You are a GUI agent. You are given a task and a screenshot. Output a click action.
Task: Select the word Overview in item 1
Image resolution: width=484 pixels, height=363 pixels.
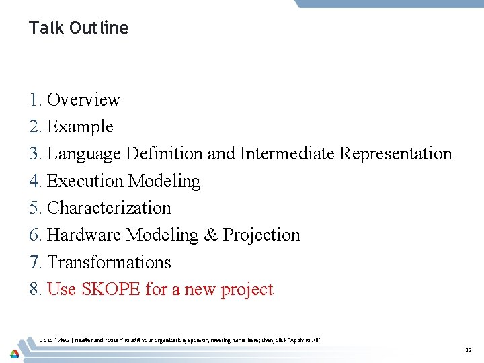[83, 99]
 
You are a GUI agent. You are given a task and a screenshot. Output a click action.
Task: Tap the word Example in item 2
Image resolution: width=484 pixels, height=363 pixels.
[80, 126]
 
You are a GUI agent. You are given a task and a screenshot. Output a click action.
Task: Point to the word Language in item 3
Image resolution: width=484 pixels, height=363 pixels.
[86, 153]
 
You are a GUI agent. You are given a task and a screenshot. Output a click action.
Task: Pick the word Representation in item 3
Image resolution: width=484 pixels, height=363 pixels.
[396, 153]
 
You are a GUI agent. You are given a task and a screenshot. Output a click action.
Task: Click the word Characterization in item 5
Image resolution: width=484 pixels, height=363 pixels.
[109, 208]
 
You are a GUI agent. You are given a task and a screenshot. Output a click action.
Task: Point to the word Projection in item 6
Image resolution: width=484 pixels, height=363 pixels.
[261, 235]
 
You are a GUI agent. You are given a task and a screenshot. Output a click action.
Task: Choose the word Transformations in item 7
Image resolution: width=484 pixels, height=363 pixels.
[109, 262]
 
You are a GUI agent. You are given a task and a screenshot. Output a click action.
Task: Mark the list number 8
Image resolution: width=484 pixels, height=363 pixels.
[35, 289]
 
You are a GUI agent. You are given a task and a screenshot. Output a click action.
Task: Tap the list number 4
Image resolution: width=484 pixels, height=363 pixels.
[35, 181]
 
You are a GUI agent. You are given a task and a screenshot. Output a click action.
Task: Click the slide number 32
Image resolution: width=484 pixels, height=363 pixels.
[469, 350]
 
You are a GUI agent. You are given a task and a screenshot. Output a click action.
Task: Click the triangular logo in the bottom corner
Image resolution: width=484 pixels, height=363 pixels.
[13, 353]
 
